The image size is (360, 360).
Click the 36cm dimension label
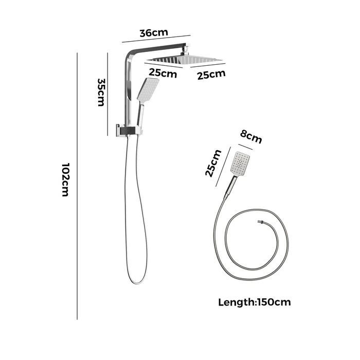[154, 33]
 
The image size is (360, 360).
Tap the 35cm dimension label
[101, 92]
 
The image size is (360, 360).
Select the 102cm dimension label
[65, 180]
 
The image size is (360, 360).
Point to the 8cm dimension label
[251, 137]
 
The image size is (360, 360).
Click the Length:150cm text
[255, 302]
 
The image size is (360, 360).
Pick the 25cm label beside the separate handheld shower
[213, 163]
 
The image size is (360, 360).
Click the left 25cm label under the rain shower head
[163, 73]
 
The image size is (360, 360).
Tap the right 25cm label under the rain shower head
[211, 75]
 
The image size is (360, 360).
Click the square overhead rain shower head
[184, 60]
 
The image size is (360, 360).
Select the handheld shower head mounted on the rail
[148, 90]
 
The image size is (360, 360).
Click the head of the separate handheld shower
[240, 164]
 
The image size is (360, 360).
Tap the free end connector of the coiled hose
[260, 222]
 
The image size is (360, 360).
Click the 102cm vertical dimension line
[77, 186]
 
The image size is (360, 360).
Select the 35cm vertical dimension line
[107, 94]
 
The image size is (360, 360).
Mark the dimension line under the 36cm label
[156, 39]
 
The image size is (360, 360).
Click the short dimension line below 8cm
[245, 147]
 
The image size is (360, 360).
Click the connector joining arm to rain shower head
[185, 51]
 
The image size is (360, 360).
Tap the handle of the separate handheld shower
[230, 187]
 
